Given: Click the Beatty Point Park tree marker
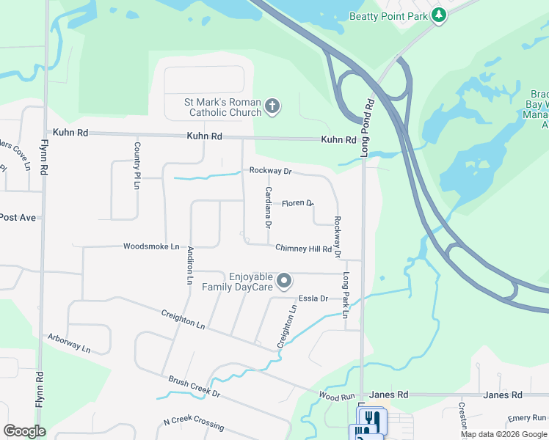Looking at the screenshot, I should click(439, 15).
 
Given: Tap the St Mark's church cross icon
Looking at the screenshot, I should click(272, 107).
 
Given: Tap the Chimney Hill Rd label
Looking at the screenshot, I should click(303, 249).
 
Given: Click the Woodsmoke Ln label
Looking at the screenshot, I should click(151, 246).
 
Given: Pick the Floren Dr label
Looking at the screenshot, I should click(297, 203).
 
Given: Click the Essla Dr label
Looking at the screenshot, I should click(313, 298).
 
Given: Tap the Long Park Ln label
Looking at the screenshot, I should click(345, 296).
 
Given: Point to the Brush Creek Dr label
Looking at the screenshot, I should click(194, 387).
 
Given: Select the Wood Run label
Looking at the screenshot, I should click(337, 396).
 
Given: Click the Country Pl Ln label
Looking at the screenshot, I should click(137, 166).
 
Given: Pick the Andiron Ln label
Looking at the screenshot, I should click(189, 265).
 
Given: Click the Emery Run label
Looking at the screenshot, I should click(527, 417).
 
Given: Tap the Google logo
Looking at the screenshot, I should click(24, 431).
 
